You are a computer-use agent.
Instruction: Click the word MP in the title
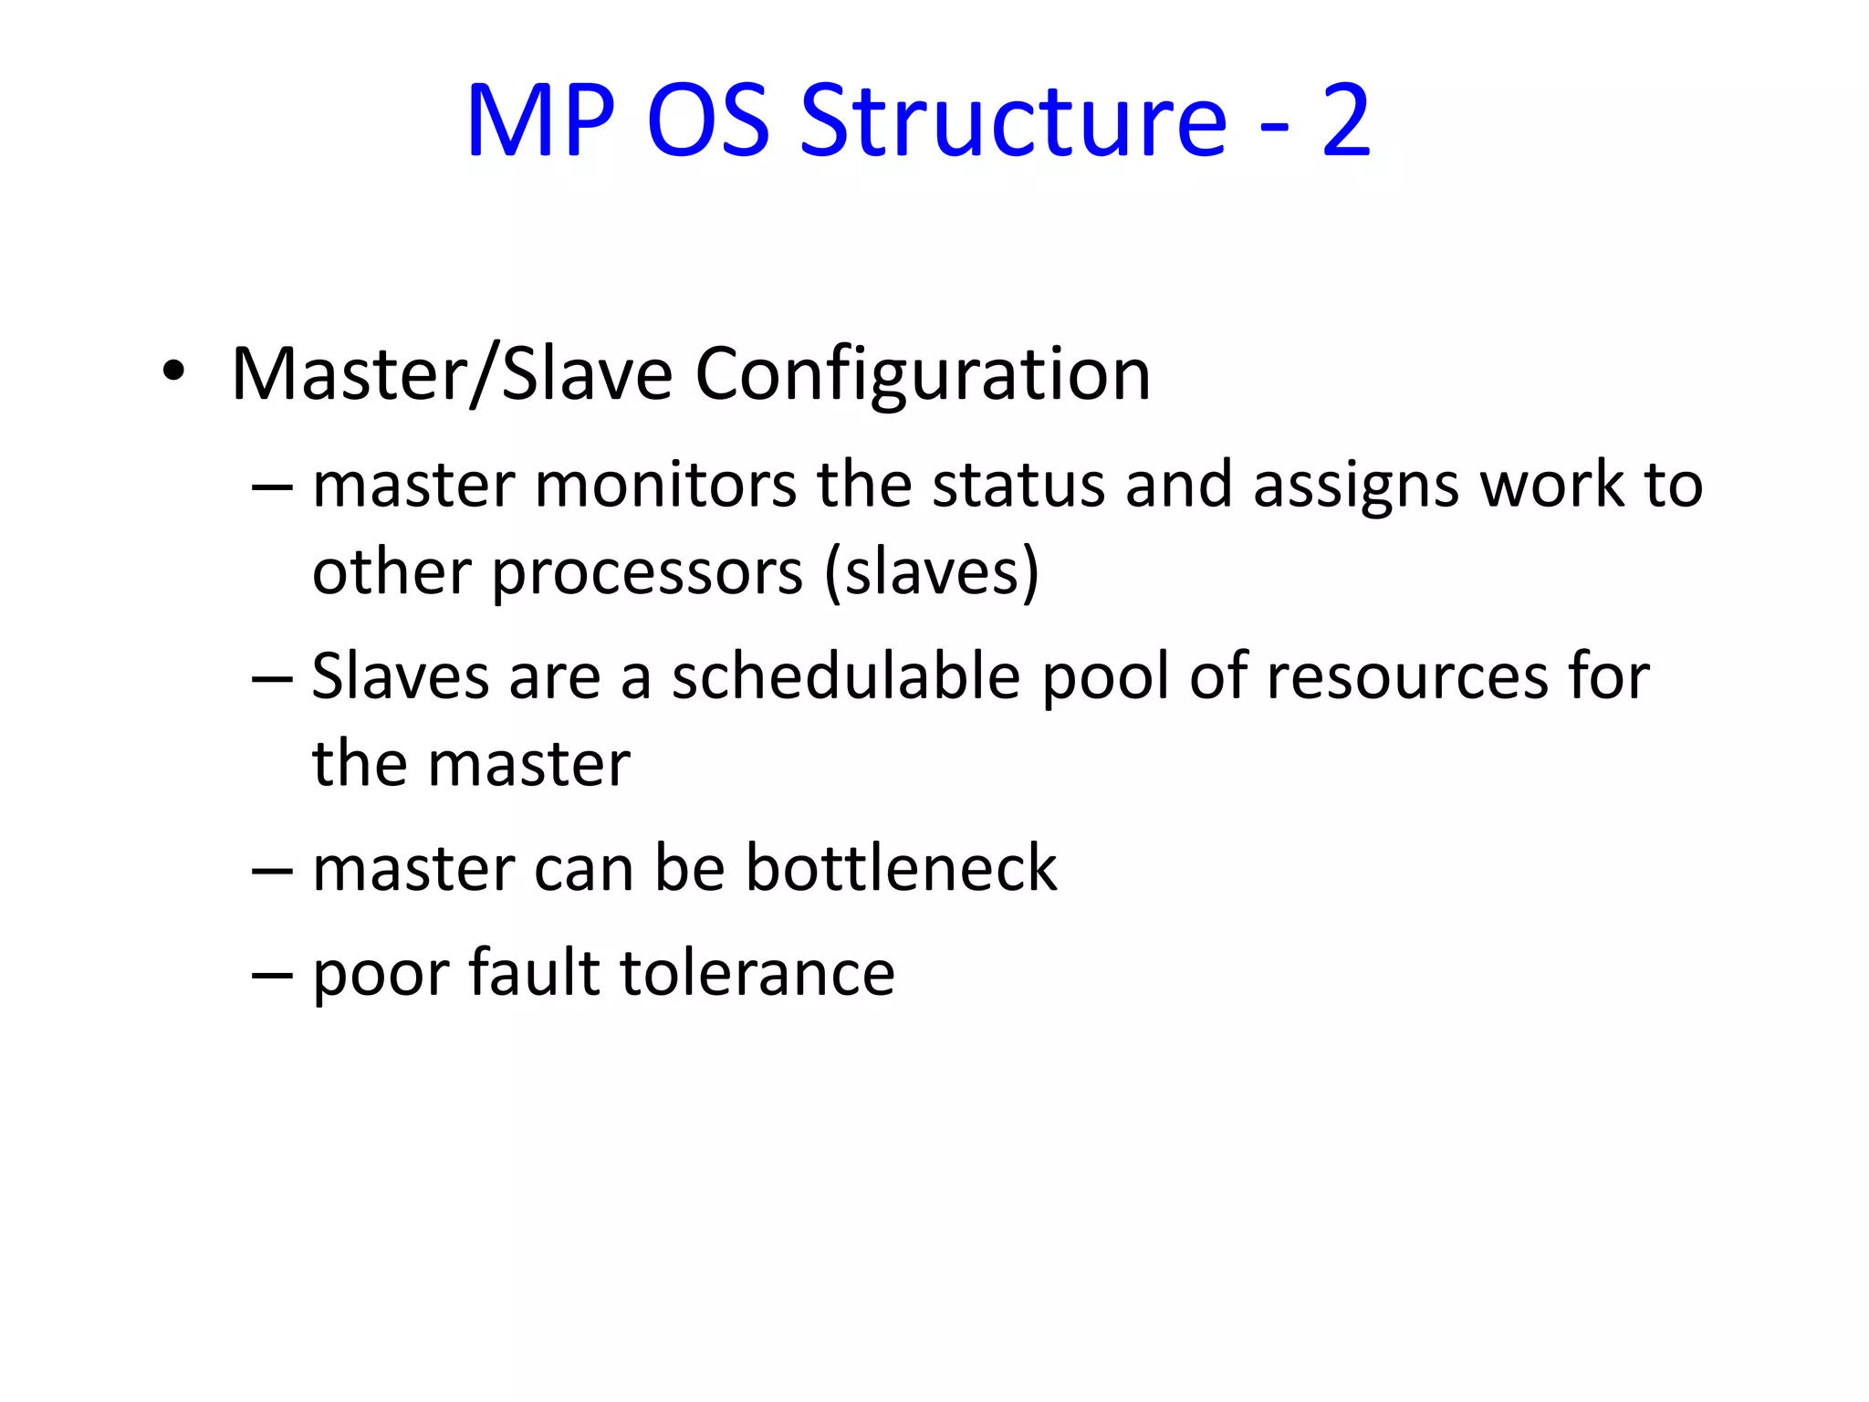click(539, 120)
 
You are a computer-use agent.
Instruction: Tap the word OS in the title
click(708, 120)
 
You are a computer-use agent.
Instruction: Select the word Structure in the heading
click(1013, 120)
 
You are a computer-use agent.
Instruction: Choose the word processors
click(648, 573)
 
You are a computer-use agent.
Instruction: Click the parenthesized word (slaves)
click(932, 573)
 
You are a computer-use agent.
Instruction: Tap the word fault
click(534, 972)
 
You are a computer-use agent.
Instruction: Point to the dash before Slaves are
click(272, 679)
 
